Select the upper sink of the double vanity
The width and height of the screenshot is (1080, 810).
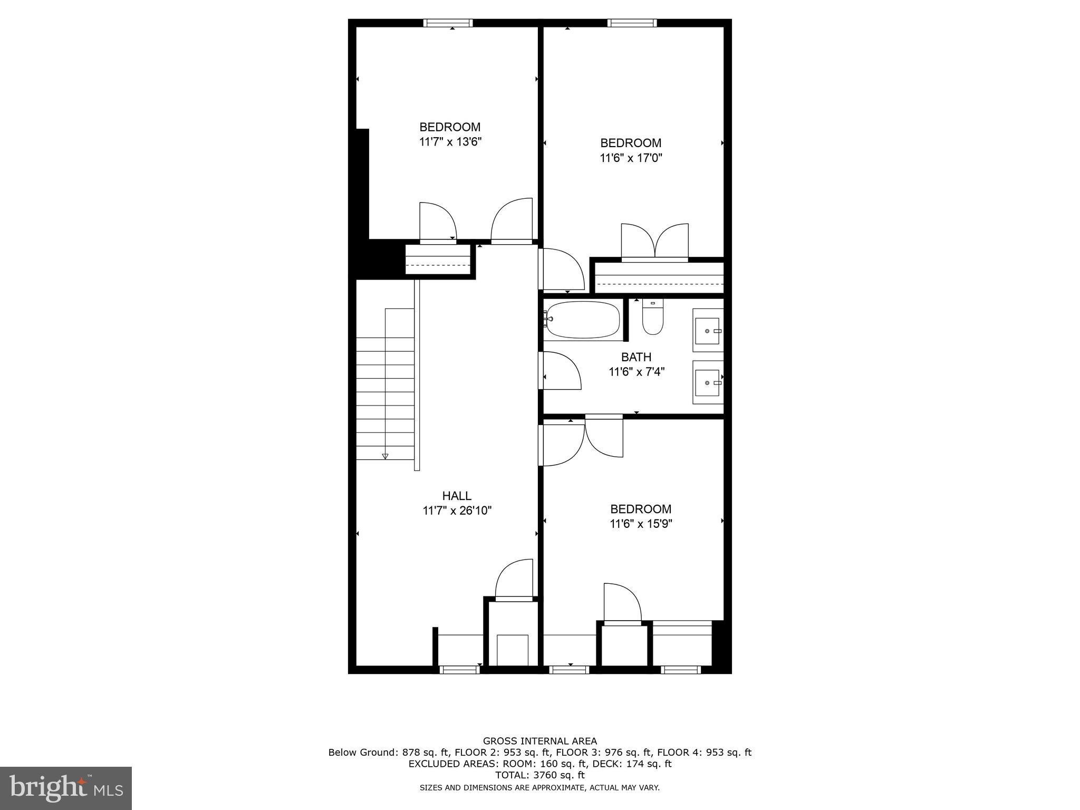pos(707,331)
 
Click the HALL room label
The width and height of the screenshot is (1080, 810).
pos(457,496)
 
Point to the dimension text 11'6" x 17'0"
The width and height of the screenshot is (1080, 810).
pos(631,158)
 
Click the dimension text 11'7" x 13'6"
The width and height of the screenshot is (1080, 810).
pos(450,142)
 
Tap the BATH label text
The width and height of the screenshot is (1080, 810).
pos(636,357)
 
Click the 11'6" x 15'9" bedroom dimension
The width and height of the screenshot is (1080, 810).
pos(641,524)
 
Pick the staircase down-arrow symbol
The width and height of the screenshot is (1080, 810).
pos(385,456)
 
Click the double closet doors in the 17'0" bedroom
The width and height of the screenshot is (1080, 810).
pos(655,243)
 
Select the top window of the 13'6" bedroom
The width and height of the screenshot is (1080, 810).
pos(448,23)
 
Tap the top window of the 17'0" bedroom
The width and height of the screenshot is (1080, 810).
pos(632,23)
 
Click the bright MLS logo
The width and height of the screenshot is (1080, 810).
pos(66,788)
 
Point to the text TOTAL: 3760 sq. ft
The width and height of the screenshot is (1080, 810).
pos(539,775)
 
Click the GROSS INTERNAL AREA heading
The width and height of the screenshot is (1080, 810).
pos(539,741)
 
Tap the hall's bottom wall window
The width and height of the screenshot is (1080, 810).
pos(459,670)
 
